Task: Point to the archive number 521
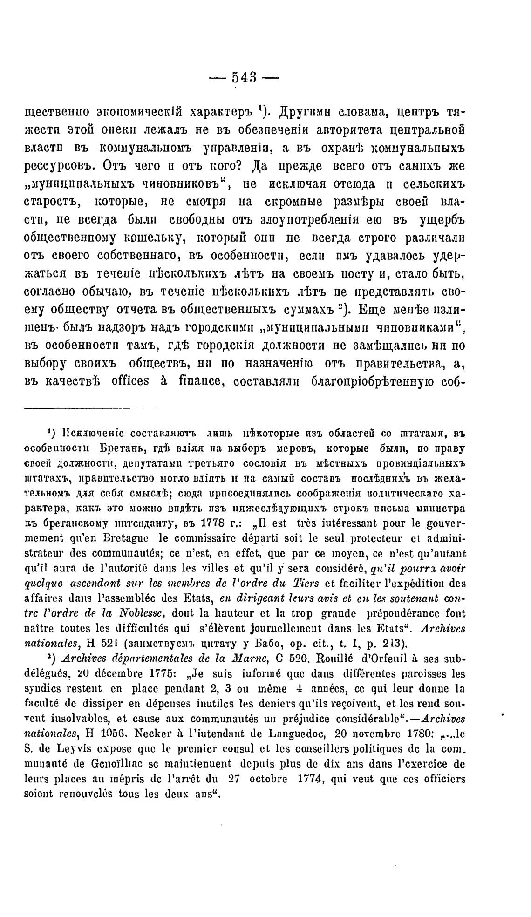tap(103, 644)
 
